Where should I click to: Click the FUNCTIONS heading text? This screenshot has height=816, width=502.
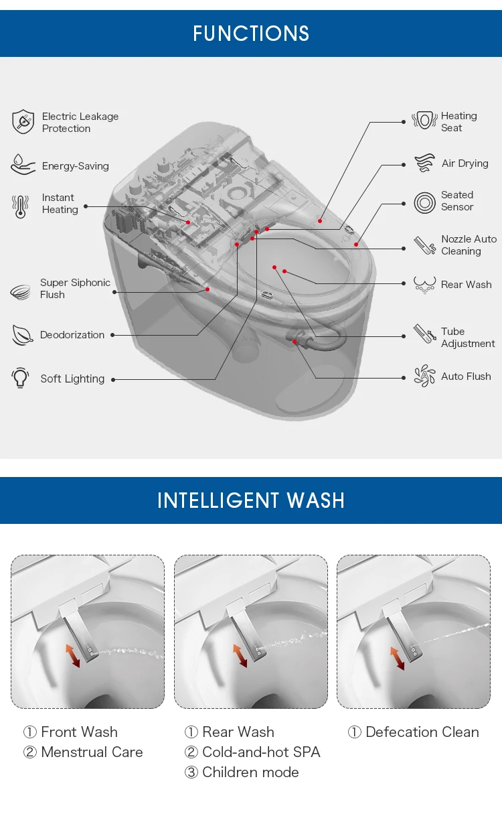pos(251,33)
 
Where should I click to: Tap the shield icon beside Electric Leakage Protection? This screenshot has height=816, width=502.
pos(23,122)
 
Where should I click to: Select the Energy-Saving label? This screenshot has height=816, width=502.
pos(76,166)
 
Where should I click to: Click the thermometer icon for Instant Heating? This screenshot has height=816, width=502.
pos(20,206)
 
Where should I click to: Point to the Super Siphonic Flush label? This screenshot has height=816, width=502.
pos(75,289)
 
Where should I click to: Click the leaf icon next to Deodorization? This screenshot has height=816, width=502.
pos(22,335)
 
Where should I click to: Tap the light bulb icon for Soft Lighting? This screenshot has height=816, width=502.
pos(20,378)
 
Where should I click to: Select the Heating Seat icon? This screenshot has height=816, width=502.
pos(424,121)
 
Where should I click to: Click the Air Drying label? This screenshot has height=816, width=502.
pos(465,163)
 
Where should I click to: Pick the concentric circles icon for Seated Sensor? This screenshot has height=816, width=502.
pos(424,202)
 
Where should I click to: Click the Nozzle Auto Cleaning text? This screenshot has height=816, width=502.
pos(469,245)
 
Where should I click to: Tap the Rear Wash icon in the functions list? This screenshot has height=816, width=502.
pos(424,285)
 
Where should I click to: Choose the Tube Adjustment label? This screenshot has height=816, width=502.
pos(468,338)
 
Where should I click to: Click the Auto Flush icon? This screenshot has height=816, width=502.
pos(424,376)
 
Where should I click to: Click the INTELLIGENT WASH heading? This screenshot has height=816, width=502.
pos(251,500)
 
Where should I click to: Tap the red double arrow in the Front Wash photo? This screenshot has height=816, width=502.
pos(72,656)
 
